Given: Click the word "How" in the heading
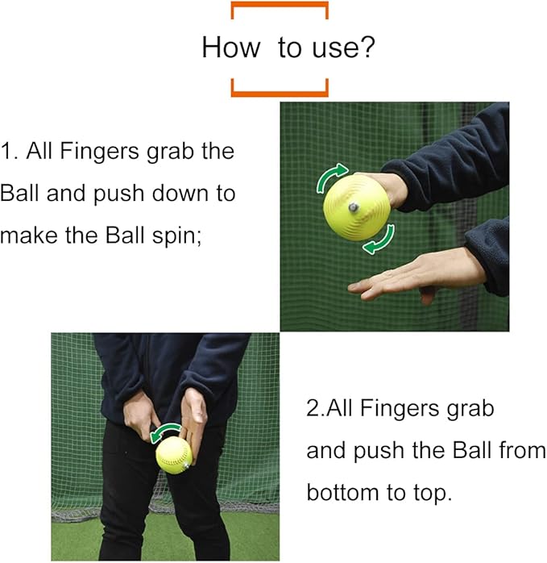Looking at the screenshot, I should [x=230, y=48].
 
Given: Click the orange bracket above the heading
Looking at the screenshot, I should [x=280, y=8].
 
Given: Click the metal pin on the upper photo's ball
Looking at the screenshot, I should [x=353, y=207].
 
